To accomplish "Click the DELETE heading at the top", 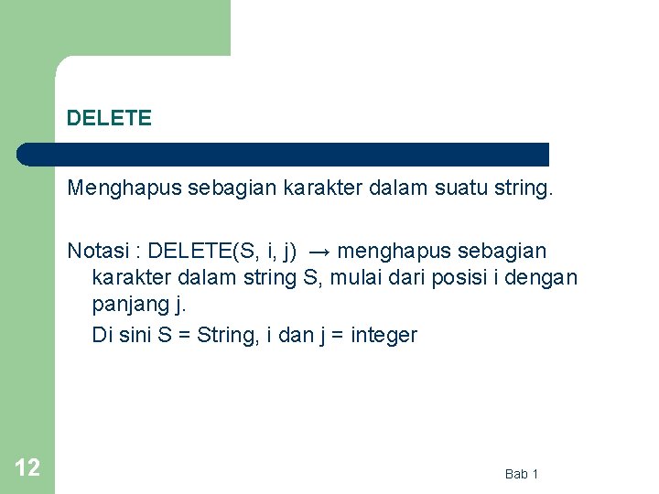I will tap(109, 118).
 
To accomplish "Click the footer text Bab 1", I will tap(522, 473).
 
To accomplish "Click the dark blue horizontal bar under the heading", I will tap(284, 154).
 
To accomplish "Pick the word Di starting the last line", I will tap(102, 335).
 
